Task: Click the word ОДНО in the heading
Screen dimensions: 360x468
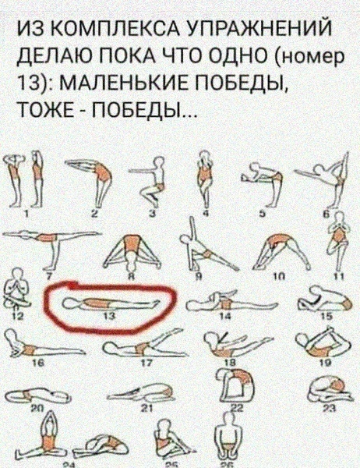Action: click(231, 56)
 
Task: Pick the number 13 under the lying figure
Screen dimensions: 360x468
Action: click(111, 317)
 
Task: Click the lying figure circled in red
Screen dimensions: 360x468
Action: click(111, 303)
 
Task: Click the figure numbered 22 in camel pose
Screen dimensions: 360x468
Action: click(235, 388)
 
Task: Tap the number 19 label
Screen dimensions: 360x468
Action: click(327, 363)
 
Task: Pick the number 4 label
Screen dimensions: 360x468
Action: click(206, 214)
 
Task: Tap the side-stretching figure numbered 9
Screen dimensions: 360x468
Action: click(206, 244)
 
